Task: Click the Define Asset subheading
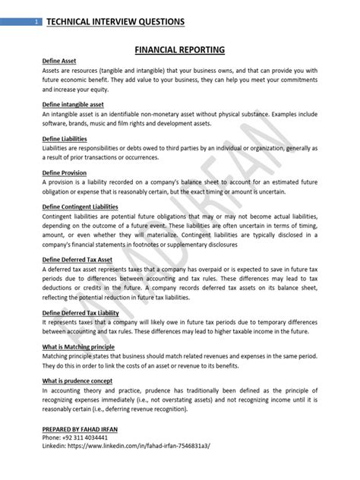click(60, 60)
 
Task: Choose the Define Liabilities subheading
click(65, 139)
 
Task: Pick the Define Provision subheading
click(64, 173)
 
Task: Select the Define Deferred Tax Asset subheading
click(81, 260)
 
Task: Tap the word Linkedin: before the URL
click(55, 446)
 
